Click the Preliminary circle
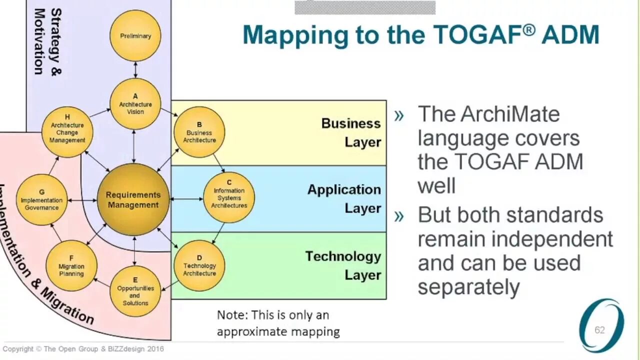135,36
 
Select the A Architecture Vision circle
135,104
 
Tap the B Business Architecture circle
199,132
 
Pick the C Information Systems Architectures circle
229,197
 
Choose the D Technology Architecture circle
199,265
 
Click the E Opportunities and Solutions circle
135,291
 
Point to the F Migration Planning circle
71,266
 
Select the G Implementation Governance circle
41,199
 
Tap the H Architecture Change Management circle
67,132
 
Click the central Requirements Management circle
133,199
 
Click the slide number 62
599,330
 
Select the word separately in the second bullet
468,287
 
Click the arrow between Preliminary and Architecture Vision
135,69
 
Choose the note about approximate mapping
278,323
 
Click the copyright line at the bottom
83,349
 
